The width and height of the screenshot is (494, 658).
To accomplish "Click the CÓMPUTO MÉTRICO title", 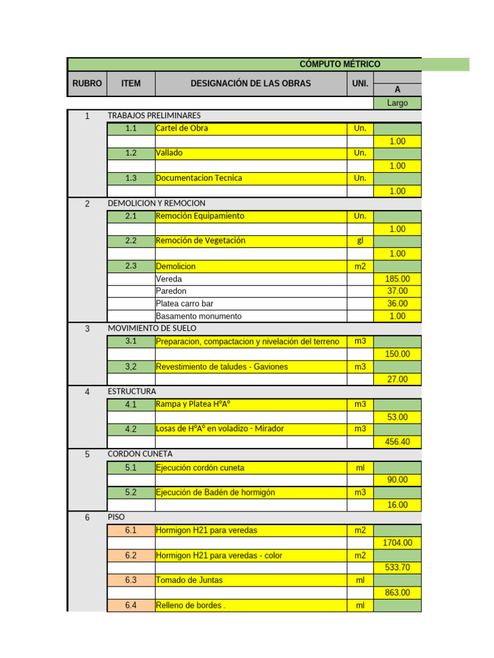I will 340,64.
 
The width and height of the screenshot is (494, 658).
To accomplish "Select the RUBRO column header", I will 87,84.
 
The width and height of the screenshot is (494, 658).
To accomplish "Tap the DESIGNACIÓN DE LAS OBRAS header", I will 250,84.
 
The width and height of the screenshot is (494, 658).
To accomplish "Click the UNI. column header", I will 360,84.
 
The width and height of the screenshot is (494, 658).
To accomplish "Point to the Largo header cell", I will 398,103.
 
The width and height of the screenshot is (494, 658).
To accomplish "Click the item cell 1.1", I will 131,129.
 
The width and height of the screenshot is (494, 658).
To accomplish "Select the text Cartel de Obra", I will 182,129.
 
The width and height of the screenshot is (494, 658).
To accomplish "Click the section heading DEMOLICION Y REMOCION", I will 157,203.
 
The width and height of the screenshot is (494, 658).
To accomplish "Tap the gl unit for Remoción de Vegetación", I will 360,241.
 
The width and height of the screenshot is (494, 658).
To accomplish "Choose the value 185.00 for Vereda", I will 398,279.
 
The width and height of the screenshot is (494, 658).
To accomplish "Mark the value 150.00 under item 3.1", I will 398,354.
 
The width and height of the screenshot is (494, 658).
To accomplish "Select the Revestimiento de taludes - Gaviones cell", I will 222,367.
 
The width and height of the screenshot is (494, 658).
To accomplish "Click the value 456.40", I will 398,442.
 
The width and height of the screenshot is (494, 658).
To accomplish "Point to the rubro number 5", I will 87,454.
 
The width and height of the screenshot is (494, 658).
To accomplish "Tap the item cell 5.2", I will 131,492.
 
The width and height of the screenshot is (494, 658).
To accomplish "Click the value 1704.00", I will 398,543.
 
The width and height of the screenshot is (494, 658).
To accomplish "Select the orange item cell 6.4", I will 131,605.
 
